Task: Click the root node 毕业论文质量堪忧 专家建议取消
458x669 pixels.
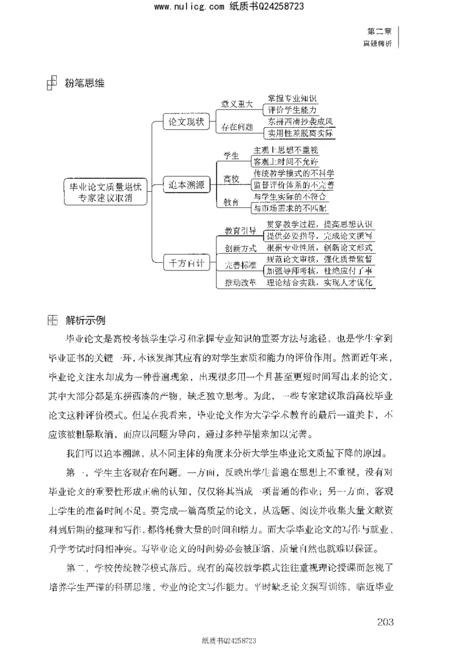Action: coord(105,191)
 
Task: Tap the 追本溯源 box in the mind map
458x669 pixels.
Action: coord(187,184)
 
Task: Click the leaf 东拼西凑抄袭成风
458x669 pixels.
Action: coord(299,121)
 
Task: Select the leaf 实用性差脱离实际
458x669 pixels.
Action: coord(299,133)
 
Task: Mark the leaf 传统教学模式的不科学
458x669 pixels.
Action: coord(293,172)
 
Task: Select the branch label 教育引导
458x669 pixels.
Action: coord(240,230)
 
